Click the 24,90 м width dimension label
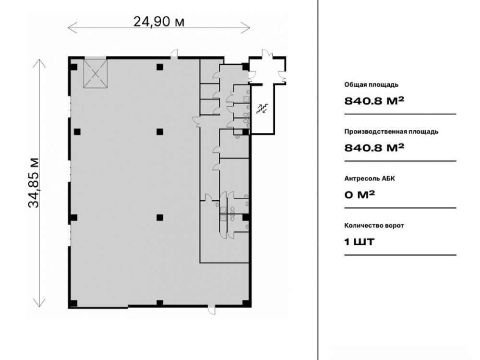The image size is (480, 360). pos(159,22)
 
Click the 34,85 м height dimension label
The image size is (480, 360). pos(34,183)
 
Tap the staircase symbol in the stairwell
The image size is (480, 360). pos(262,108)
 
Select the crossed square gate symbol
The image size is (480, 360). pos(96,73)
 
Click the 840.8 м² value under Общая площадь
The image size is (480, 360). pos(374,100)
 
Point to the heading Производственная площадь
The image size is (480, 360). pos(391,132)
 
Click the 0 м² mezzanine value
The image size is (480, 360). pos(360,194)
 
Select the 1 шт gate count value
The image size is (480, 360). pos(360,242)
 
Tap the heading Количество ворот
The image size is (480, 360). pos(374,226)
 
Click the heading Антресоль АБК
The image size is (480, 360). pos(370,179)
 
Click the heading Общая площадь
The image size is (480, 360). pos(372,84)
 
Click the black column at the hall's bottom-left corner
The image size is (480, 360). pos(74,303)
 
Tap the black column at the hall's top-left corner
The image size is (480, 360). pos(74,67)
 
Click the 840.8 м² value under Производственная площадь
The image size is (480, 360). pos(374,147)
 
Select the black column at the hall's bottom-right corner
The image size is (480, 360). pos(245,303)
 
